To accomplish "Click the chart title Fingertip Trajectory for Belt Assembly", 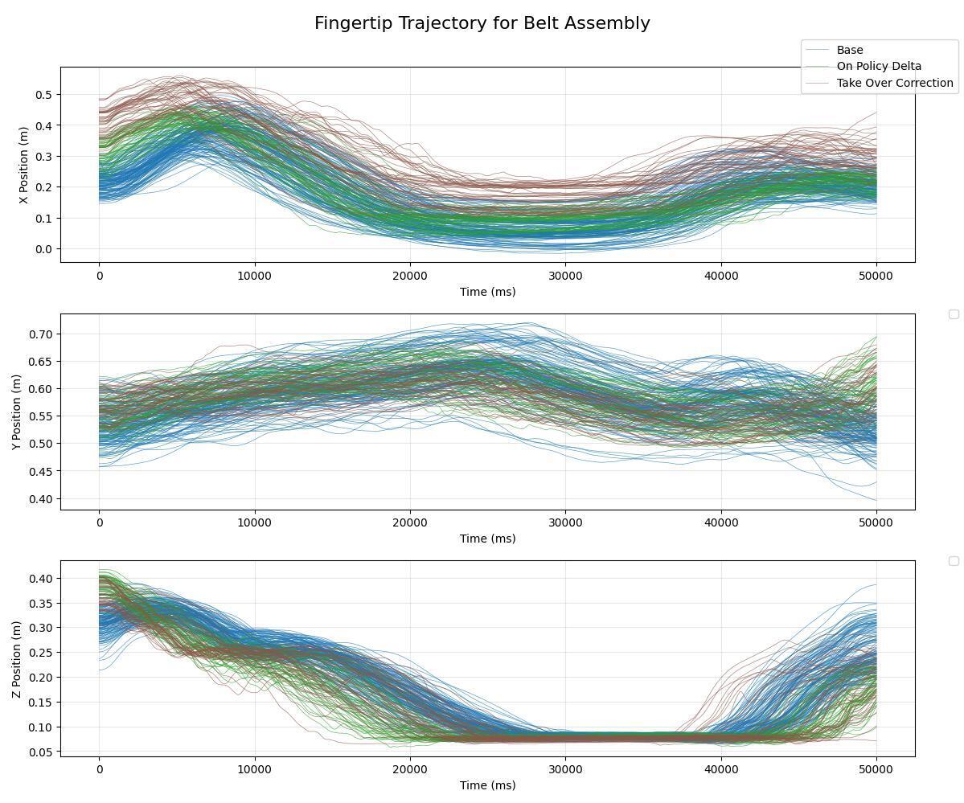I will (482, 23).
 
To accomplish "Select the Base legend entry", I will (849, 50).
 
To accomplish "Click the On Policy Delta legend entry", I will (868, 67).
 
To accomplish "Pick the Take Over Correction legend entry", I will (894, 83).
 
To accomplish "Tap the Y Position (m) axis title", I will (18, 412).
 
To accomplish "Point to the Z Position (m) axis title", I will (18, 658).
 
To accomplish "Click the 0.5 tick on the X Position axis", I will (42, 95).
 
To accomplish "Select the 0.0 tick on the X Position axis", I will (42, 249).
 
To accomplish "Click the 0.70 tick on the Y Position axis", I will (39, 334).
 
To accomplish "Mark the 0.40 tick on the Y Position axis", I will (39, 499).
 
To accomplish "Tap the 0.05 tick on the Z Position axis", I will (39, 752).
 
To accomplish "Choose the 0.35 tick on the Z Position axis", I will (39, 603).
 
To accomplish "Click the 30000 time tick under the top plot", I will (565, 276).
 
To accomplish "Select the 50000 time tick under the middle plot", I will (876, 522).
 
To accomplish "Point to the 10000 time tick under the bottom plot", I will (255, 769).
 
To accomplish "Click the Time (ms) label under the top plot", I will (487, 292).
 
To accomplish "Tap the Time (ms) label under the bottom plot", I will (487, 785).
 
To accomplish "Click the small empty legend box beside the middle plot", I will (954, 314).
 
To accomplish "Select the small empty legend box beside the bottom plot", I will (954, 561).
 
